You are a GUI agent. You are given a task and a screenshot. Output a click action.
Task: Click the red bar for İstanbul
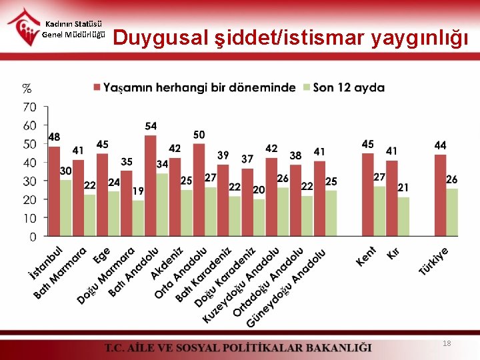pos(54,191)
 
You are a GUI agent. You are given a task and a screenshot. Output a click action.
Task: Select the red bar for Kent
pos(367,194)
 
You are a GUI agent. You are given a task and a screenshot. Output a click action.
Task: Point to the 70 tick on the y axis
pos(30,107)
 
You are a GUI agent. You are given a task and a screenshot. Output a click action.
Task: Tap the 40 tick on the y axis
pos(30,163)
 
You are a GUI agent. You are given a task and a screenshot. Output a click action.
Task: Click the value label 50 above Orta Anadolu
pos(199,135)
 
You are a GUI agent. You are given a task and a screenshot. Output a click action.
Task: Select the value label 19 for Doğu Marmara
pos(138,191)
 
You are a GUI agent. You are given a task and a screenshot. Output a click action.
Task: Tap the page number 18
pos(447,343)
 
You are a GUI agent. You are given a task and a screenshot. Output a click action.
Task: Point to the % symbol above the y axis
pos(27,88)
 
